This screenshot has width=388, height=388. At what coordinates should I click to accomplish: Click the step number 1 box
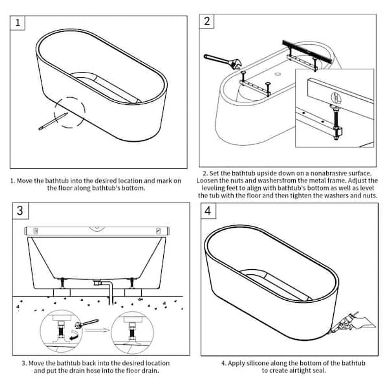[x=17, y=23]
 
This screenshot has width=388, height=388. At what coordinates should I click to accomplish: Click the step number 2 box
[x=207, y=21]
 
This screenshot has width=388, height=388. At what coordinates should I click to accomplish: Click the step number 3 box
[x=20, y=211]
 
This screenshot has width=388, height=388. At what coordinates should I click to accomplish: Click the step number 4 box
[x=208, y=211]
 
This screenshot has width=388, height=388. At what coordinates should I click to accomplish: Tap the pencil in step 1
[x=53, y=121]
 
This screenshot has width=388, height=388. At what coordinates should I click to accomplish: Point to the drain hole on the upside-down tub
[x=278, y=74]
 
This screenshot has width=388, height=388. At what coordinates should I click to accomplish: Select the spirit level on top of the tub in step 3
[x=97, y=231]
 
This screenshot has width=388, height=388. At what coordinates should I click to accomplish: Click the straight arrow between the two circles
[x=97, y=330]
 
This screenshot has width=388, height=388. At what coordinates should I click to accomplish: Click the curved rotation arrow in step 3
[x=75, y=335]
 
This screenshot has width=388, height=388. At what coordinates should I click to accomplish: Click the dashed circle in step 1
[x=69, y=113]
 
